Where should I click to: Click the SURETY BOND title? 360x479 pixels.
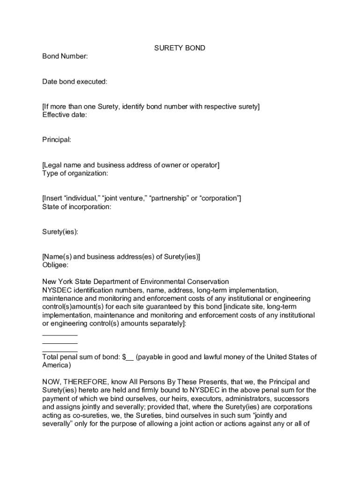[180, 48]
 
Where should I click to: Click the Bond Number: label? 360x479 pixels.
[65, 57]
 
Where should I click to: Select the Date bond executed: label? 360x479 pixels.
[75, 82]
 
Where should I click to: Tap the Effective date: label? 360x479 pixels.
[65, 115]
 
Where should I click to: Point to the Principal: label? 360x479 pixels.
[57, 140]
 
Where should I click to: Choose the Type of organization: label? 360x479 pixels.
[75, 174]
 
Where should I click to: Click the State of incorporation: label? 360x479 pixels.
[77, 207]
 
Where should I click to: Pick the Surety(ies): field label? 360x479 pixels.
[60, 232]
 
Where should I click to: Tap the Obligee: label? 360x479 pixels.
[55, 265]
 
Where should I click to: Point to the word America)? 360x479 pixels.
[57, 365]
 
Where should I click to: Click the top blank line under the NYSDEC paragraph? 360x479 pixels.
[60, 335]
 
